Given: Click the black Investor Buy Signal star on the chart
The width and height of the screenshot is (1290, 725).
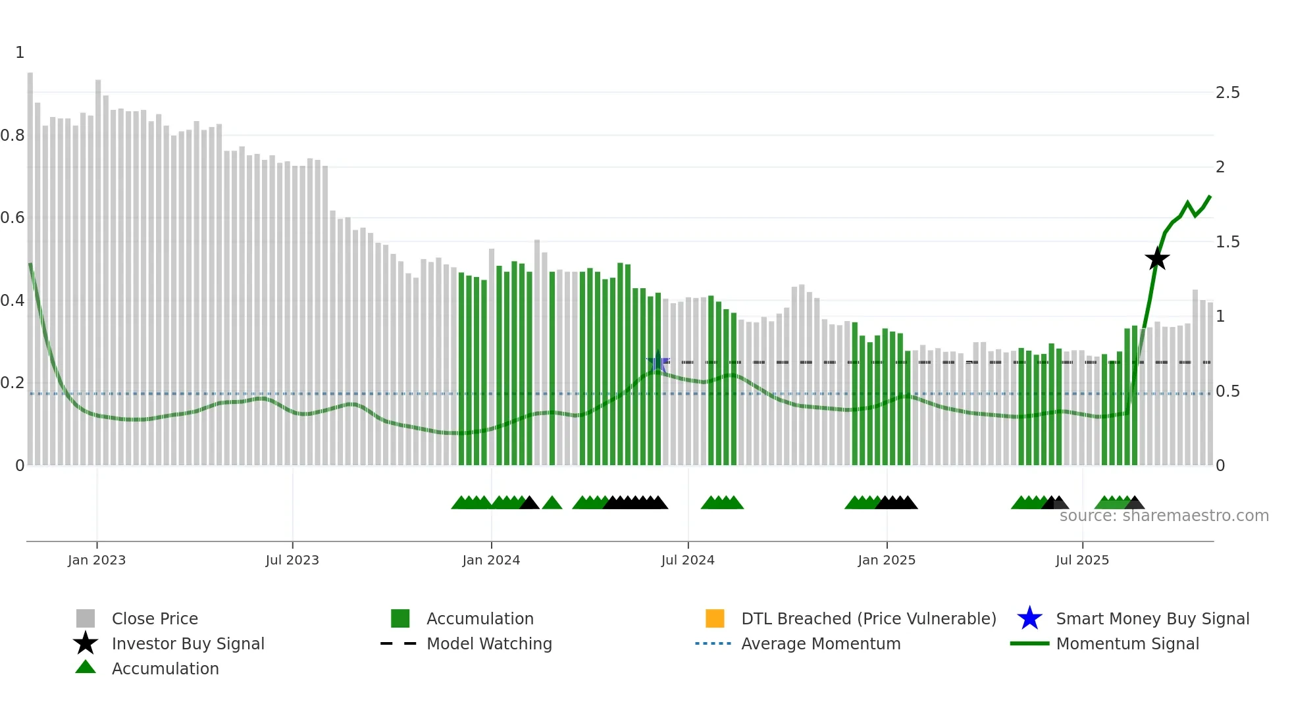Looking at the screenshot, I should tap(1156, 259).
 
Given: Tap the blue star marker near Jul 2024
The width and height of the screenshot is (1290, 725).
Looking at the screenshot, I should tap(658, 362).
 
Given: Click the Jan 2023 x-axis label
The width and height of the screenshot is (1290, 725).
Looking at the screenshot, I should tap(97, 560).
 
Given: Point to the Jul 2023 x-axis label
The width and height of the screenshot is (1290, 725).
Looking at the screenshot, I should tap(292, 560).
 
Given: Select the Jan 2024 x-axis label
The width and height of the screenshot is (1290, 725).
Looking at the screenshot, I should tap(491, 560).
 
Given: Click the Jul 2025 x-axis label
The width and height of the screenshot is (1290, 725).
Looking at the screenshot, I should tap(1082, 560).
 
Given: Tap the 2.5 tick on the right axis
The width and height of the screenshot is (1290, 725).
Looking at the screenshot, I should tap(1227, 93).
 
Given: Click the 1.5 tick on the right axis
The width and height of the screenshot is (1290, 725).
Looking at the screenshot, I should tap(1227, 242).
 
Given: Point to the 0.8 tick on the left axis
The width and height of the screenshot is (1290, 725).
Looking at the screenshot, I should tap(13, 136).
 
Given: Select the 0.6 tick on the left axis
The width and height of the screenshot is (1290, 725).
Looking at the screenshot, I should tap(13, 218).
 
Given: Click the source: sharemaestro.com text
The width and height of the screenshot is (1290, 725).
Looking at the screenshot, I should tap(1164, 516).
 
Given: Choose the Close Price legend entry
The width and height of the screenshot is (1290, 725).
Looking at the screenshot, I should tap(155, 618).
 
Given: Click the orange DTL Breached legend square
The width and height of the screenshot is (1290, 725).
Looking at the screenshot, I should tap(715, 618).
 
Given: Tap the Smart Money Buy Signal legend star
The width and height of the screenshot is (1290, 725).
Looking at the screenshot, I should tap(1029, 618).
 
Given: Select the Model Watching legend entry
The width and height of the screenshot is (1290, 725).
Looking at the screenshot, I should tap(489, 643).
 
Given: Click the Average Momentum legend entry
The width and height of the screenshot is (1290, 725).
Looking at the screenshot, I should tap(821, 643).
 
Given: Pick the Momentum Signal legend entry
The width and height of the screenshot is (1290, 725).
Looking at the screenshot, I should tap(1127, 643).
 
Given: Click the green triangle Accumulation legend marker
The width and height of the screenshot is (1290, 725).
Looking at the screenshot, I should tap(86, 667).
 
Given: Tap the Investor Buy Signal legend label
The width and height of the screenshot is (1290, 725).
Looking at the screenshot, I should tap(188, 643).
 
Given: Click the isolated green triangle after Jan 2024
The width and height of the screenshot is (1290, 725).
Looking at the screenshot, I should tap(552, 503).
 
